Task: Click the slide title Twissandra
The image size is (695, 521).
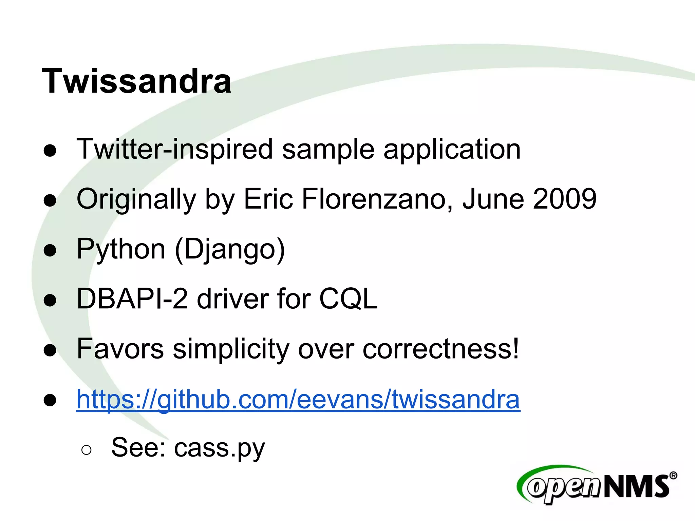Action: tap(136, 81)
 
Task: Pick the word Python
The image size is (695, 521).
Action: tap(121, 249)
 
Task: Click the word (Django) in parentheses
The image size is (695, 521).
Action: tap(230, 249)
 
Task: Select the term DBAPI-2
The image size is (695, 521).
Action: tap(132, 299)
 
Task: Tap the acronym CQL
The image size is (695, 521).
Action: tap(348, 299)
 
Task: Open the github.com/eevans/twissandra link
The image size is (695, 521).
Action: tap(298, 399)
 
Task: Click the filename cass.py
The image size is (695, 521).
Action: tap(219, 448)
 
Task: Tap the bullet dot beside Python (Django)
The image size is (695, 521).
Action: tap(50, 251)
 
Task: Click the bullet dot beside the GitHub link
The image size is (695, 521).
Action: tap(50, 400)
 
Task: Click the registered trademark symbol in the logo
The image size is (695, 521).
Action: tap(673, 476)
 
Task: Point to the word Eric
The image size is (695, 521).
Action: tap(268, 199)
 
